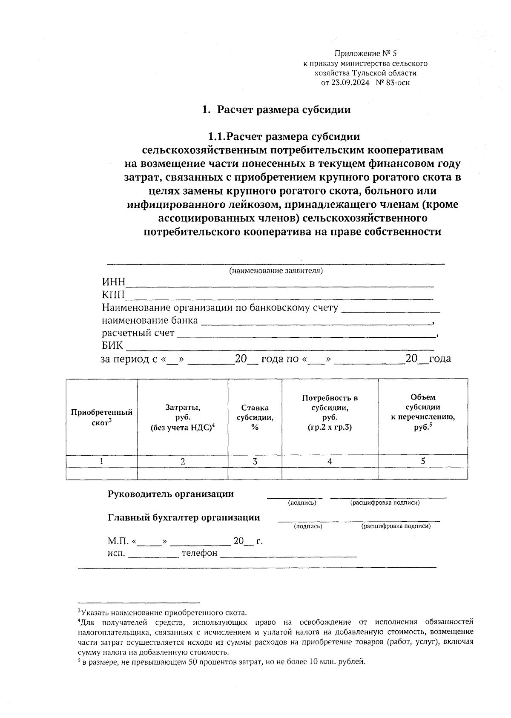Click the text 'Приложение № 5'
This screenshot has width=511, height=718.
pyautogui.click(x=365, y=54)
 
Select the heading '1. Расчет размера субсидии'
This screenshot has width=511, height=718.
pyautogui.click(x=277, y=110)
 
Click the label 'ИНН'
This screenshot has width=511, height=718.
pyautogui.click(x=113, y=282)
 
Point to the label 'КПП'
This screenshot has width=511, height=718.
pyautogui.click(x=113, y=295)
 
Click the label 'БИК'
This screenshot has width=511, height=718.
pyautogui.click(x=112, y=346)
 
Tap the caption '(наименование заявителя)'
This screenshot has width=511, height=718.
pyautogui.click(x=276, y=271)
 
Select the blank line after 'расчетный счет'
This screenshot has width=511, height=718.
pyautogui.click(x=307, y=334)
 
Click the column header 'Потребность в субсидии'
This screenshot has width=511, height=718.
pyautogui.click(x=330, y=412)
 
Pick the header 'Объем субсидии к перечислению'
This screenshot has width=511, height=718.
pyautogui.click(x=423, y=412)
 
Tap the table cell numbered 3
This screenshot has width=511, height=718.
pyautogui.click(x=255, y=461)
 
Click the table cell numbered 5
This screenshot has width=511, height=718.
pyautogui.click(x=423, y=461)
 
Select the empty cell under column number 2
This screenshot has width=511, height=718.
pyautogui.click(x=183, y=473)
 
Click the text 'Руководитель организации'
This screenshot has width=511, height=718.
pyautogui.click(x=170, y=494)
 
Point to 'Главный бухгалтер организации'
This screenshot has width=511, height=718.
pyautogui.click(x=184, y=517)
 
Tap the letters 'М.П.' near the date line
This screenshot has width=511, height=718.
pyautogui.click(x=118, y=542)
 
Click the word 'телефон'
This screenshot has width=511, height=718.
pyautogui.click(x=199, y=553)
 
